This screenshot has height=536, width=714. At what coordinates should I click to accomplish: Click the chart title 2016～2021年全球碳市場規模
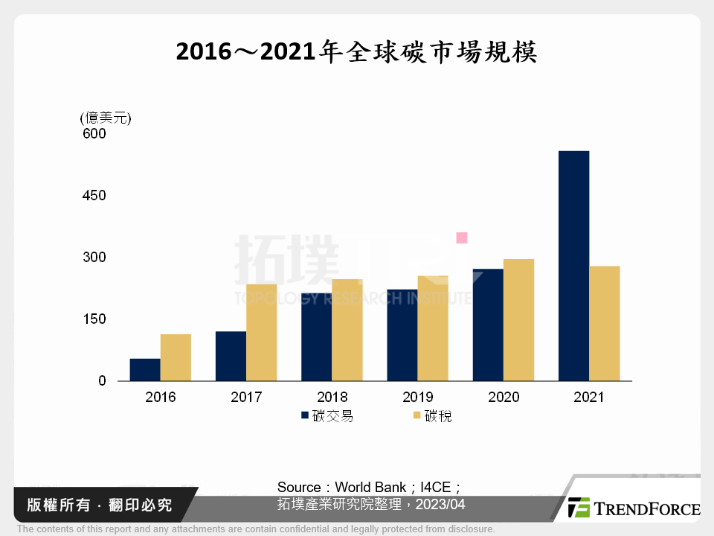(356, 53)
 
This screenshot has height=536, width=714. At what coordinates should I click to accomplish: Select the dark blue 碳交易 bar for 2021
(573, 266)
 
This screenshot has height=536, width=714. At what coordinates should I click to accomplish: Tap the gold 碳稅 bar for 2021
(604, 323)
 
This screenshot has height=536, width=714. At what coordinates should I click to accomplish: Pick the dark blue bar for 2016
(145, 370)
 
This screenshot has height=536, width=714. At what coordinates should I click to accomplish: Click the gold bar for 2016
(176, 357)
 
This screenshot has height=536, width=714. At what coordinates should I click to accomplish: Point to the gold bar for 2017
(261, 332)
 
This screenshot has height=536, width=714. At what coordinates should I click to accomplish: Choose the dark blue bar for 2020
(488, 325)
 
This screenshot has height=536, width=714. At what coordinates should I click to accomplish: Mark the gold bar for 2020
(518, 319)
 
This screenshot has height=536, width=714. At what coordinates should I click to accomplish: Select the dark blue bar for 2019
(402, 335)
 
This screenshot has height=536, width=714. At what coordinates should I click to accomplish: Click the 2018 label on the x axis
(332, 397)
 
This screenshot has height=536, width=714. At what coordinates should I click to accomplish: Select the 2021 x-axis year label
(588, 397)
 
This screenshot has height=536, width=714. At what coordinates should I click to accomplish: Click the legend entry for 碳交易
(327, 415)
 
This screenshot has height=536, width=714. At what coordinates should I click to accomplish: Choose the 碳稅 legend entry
(431, 415)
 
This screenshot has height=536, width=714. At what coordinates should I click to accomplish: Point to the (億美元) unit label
(106, 118)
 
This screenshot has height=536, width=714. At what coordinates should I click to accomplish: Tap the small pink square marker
(461, 237)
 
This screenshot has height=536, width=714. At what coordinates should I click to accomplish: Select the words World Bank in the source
(370, 488)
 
